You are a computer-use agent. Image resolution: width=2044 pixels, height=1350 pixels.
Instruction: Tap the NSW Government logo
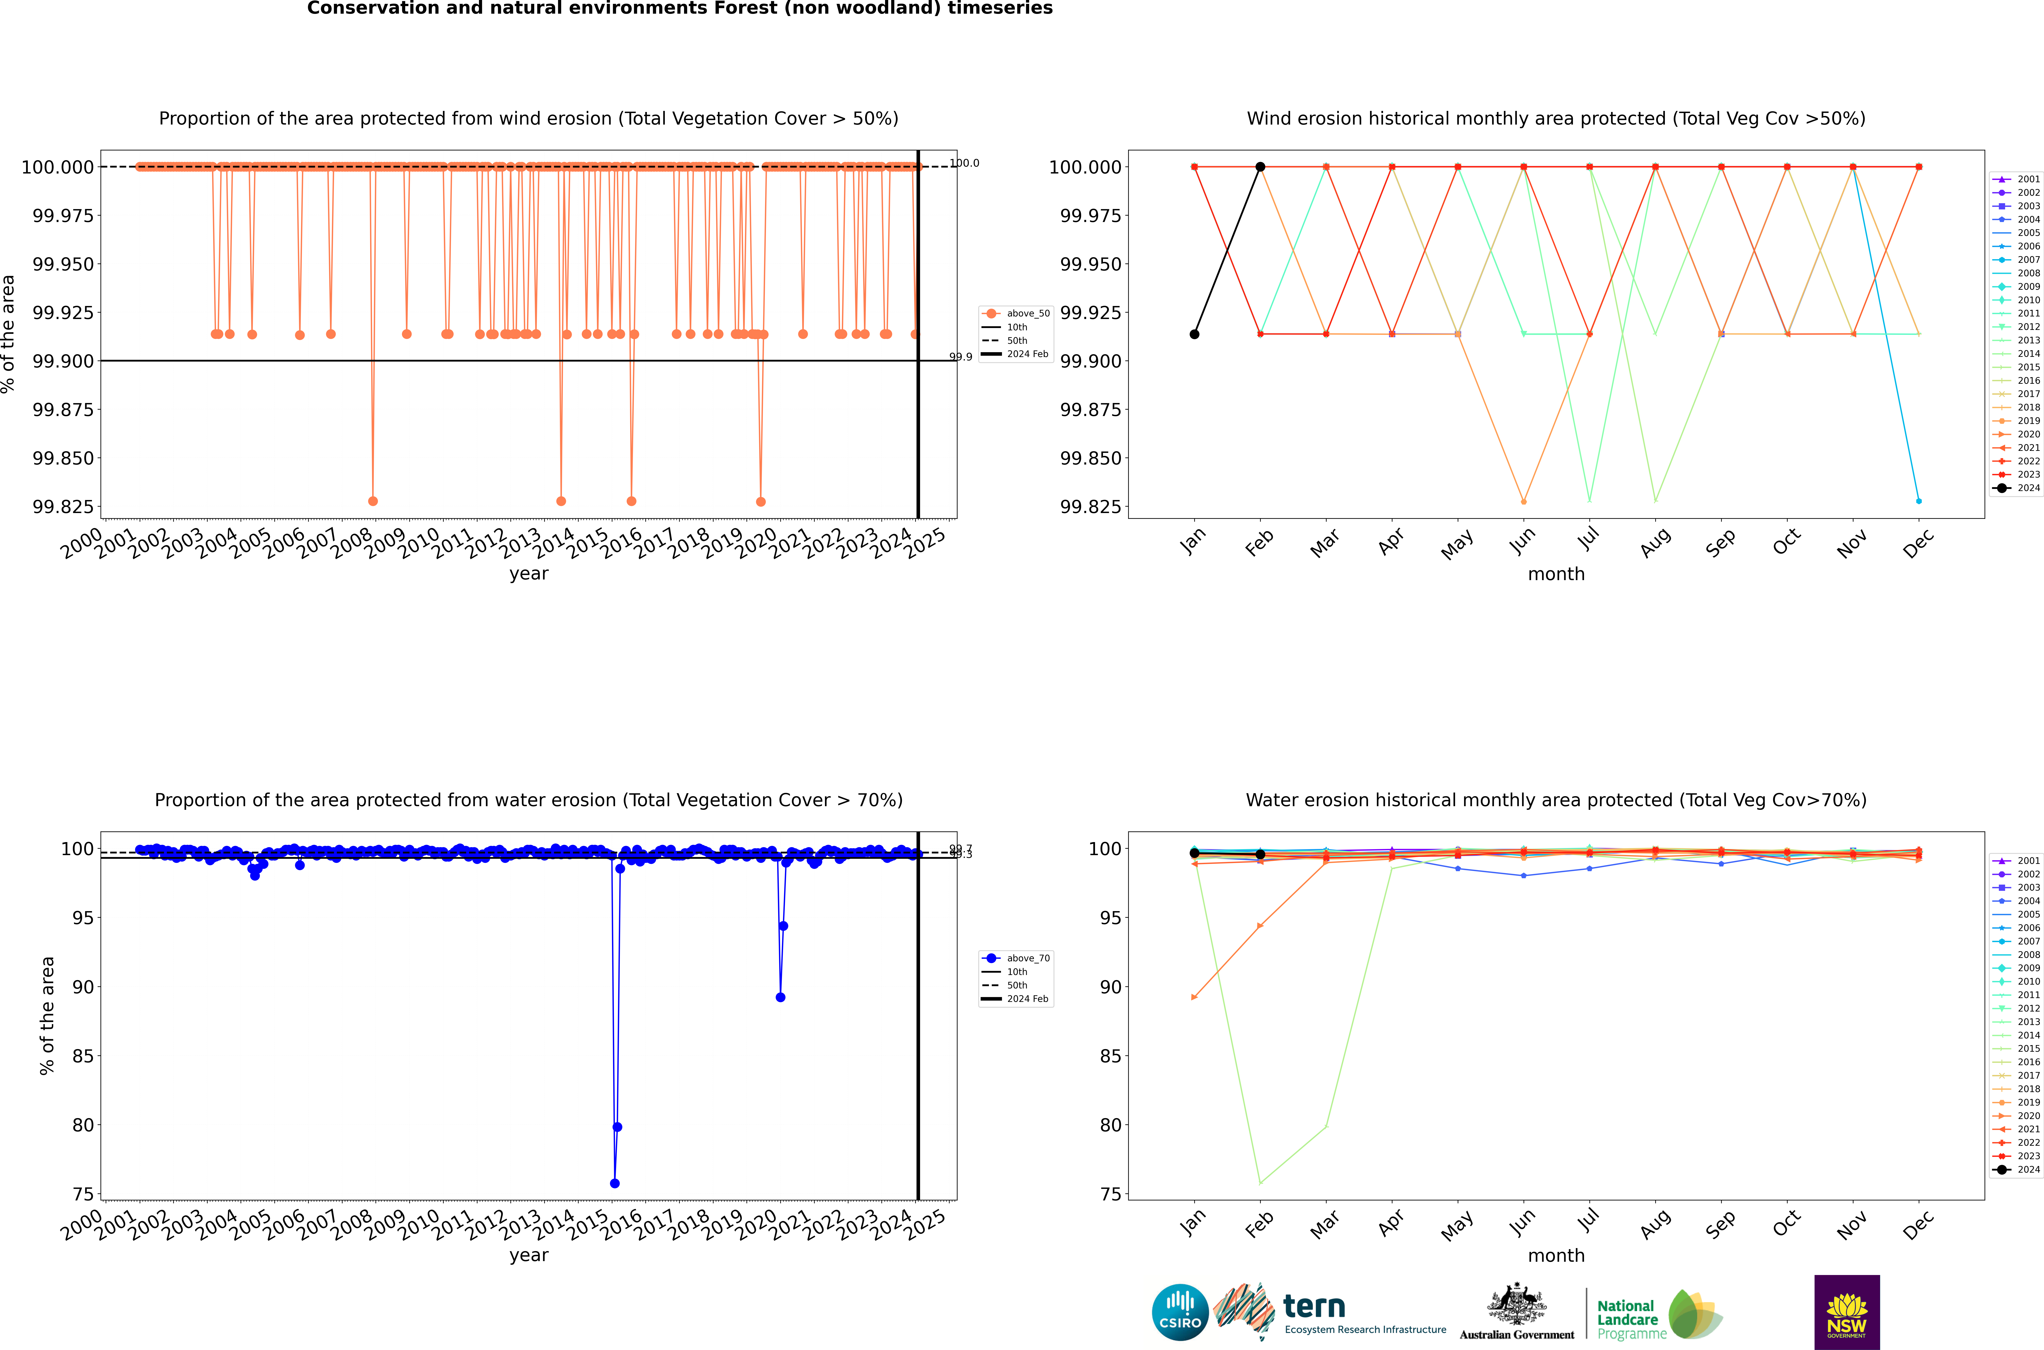click(x=1847, y=1312)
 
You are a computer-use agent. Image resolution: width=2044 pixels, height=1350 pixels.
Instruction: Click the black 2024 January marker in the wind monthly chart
click(x=1194, y=334)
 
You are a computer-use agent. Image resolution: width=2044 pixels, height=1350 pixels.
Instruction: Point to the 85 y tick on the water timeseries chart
click(x=83, y=1056)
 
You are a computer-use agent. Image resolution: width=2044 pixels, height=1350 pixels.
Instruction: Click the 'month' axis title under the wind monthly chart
click(x=1556, y=574)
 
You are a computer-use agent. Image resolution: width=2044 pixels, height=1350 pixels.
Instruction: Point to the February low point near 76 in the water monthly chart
click(x=1260, y=1183)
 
